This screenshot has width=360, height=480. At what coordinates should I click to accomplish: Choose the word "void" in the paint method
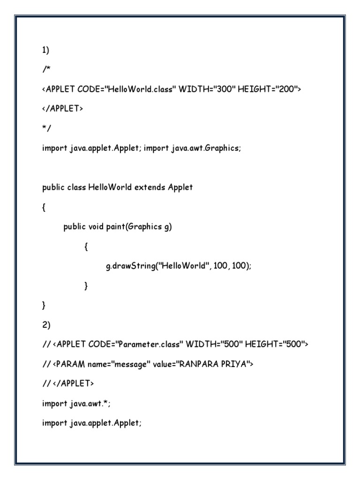click(96, 227)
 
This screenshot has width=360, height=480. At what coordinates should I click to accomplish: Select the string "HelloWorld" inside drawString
click(184, 266)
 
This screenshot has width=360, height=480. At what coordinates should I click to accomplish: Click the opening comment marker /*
click(45, 69)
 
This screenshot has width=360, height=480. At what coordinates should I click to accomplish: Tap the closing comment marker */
click(45, 128)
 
